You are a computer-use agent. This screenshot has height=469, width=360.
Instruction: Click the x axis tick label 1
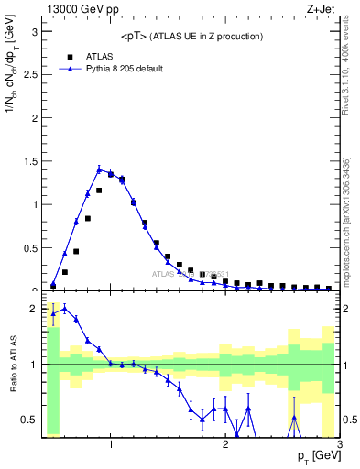[x=111, y=446]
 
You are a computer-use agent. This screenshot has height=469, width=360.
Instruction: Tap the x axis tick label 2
[x=225, y=446]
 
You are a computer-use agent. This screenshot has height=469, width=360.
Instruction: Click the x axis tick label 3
[x=339, y=446]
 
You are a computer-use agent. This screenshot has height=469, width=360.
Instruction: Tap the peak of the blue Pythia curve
[x=99, y=169]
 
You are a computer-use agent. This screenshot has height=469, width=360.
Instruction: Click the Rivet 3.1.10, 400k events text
[x=351, y=64]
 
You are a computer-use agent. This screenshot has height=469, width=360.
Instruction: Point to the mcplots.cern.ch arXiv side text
[x=351, y=220]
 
